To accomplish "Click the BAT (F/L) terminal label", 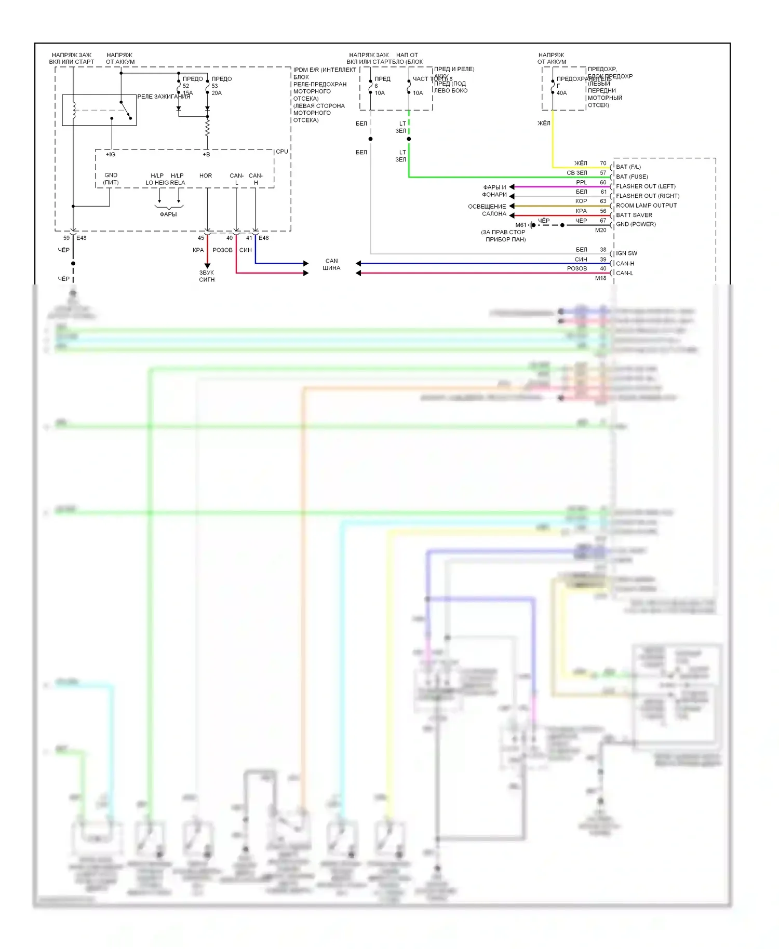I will [x=628, y=167].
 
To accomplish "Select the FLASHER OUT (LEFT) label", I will [x=646, y=186].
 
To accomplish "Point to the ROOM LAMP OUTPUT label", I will [x=646, y=206].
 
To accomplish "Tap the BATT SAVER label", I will [x=634, y=215].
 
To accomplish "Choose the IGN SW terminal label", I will [x=626, y=253].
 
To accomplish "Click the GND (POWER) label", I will [x=636, y=224].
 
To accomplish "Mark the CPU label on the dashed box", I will [x=282, y=152].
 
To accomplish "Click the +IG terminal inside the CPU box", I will [x=111, y=155].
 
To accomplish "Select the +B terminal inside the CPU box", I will [x=206, y=155].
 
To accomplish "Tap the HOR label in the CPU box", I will [x=206, y=176].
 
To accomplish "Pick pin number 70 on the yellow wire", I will [x=603, y=163].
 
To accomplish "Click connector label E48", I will [x=82, y=238].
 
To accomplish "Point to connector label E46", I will [x=264, y=238].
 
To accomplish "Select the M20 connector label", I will [x=600, y=231].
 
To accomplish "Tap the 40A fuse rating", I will [x=562, y=93].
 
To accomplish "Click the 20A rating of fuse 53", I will [x=217, y=93].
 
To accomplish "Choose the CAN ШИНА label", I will [x=331, y=265].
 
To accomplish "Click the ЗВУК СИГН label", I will [x=207, y=276].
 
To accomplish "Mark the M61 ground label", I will [x=521, y=225].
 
